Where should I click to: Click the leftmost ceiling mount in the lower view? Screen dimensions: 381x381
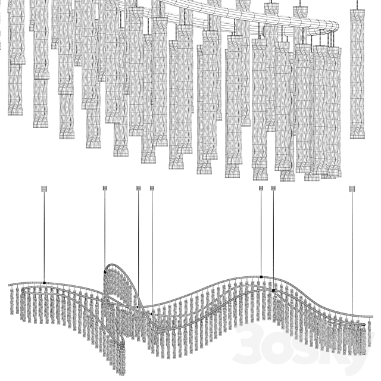click(43, 189)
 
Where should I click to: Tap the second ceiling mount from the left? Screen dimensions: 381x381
click(105, 189)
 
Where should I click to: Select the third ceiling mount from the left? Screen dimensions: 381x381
click(139, 189)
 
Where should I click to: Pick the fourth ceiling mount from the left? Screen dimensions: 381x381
click(152, 189)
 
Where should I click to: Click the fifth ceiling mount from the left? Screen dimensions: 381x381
click(261, 189)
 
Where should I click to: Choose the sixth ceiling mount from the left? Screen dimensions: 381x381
click(274, 189)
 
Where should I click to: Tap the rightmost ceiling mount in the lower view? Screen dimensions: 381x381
click(351, 189)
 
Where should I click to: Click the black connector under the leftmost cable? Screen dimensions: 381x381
click(44, 282)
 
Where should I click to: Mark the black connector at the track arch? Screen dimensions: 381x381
click(105, 271)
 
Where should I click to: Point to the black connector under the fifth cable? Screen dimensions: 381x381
click(261, 277)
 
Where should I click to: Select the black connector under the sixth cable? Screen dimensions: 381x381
click(274, 290)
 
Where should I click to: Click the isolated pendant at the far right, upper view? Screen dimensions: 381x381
click(357, 71)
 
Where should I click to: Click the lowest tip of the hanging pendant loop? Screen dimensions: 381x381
click(121, 371)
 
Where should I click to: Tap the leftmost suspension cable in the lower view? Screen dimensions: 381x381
click(43, 238)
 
